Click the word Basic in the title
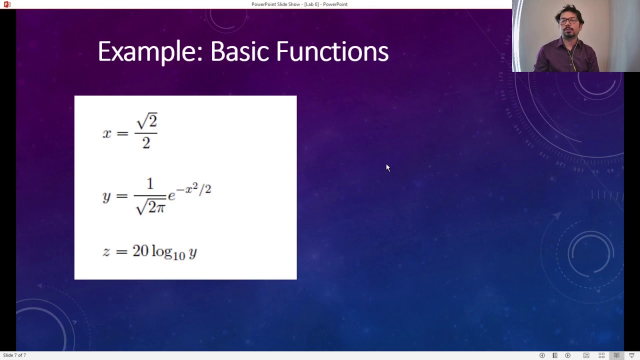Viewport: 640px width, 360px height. (x=238, y=52)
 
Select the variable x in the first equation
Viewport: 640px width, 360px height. (x=107, y=133)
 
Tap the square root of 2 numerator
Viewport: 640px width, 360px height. (x=146, y=121)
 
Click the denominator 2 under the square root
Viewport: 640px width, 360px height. (x=146, y=143)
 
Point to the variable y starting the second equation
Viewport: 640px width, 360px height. (x=106, y=196)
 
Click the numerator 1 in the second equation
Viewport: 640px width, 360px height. (x=149, y=184)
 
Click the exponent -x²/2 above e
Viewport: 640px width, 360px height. (x=193, y=189)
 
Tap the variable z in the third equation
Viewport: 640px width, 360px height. (x=106, y=251)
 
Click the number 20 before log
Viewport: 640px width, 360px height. (x=140, y=250)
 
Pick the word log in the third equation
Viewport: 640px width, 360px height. (x=161, y=251)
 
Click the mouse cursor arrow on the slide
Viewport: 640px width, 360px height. (x=387, y=167)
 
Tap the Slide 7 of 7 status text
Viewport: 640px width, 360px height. (x=14, y=355)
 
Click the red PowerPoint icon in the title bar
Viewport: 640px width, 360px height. (x=7, y=4)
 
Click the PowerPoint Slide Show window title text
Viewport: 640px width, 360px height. (x=299, y=4)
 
